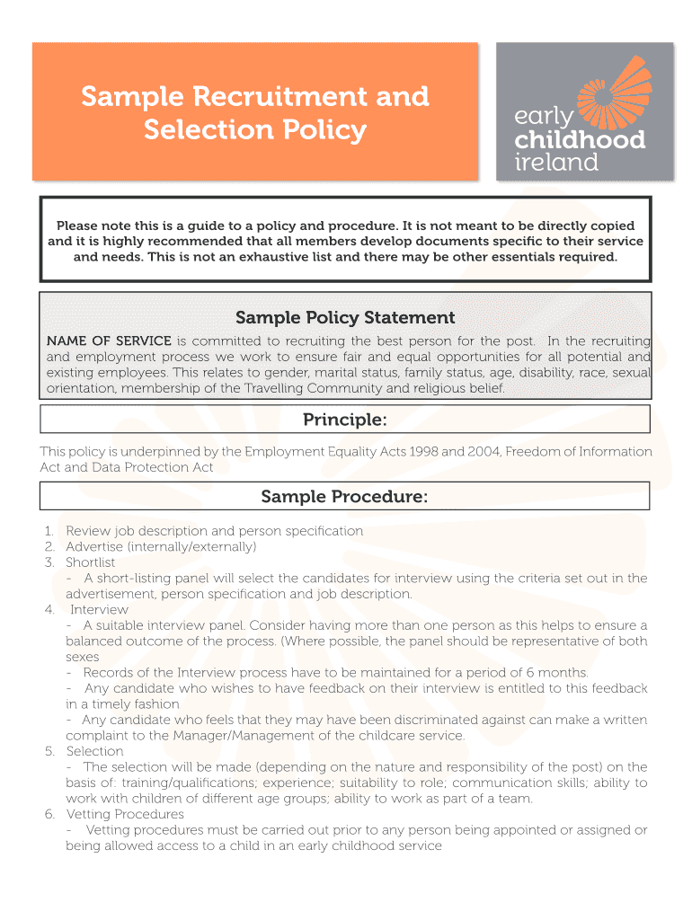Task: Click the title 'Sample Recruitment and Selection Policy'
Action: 255,112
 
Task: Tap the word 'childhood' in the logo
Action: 579,140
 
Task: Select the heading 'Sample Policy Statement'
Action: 345,317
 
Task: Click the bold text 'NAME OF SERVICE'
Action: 109,341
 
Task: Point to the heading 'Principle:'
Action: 345,420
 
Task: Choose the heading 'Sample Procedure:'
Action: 345,497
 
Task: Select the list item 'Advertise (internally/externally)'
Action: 161,547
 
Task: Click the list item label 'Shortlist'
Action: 91,562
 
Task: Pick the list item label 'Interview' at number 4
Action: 99,610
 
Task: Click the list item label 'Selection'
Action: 94,751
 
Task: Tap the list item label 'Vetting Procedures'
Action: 125,814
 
